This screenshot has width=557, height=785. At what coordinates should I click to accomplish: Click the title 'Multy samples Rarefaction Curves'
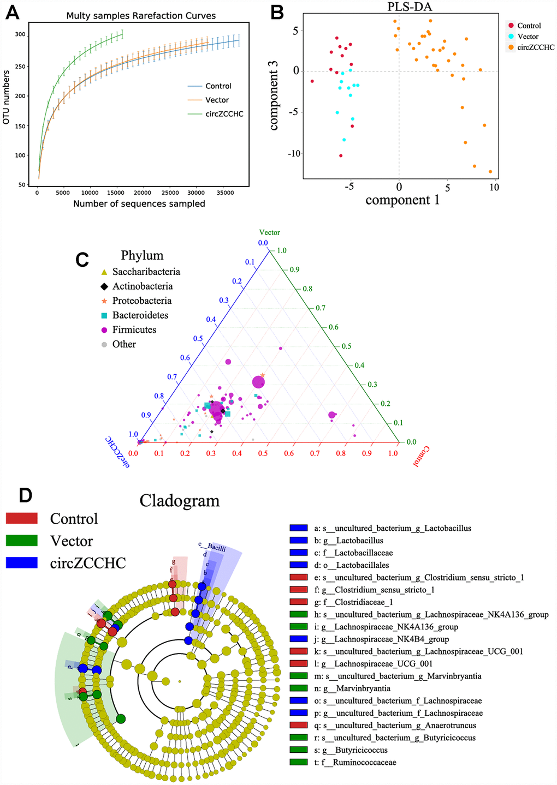coord(141,16)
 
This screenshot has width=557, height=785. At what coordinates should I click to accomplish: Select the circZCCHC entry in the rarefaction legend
coord(224,114)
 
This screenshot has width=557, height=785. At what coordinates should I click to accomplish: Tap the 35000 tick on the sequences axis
coord(222,193)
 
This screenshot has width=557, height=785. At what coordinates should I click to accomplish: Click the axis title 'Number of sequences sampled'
coord(139,204)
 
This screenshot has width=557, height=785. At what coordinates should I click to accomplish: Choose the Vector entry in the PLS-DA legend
coord(528,37)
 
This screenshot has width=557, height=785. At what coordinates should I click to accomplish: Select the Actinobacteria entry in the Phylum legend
coord(142,286)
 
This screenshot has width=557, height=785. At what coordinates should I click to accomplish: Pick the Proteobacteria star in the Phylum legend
coord(104,301)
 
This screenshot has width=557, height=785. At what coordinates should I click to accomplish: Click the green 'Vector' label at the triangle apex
coord(270,232)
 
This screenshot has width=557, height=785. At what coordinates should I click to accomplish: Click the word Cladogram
coord(180,501)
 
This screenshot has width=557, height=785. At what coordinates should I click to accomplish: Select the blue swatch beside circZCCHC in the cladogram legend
coord(21,563)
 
